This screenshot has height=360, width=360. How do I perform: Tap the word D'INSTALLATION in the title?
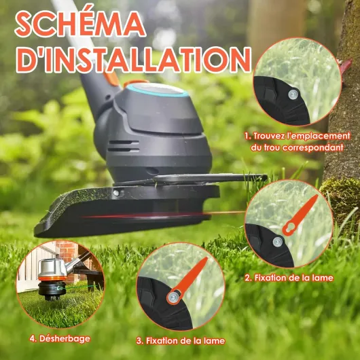pos(133,60)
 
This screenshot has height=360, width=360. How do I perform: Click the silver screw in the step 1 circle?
pos(293,94)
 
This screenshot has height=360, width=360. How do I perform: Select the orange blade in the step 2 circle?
pos(300,215)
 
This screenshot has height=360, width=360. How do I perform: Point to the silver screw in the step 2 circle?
pos(278,242)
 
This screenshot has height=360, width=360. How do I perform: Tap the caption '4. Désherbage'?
pos(60,339)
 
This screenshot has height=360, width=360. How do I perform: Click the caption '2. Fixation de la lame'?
pos(289,278)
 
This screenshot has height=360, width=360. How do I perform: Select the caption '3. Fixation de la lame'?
pos(181,341)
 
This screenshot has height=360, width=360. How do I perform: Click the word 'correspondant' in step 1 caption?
pos(312,147)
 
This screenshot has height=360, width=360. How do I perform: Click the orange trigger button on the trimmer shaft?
pos(112,77)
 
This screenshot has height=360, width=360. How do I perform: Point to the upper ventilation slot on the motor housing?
pos(124,142)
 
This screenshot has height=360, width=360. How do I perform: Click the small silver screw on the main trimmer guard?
pos(116,193)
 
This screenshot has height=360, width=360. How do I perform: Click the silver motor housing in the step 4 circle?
pos(52,268)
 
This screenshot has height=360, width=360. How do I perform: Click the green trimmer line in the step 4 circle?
pos(78,287)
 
